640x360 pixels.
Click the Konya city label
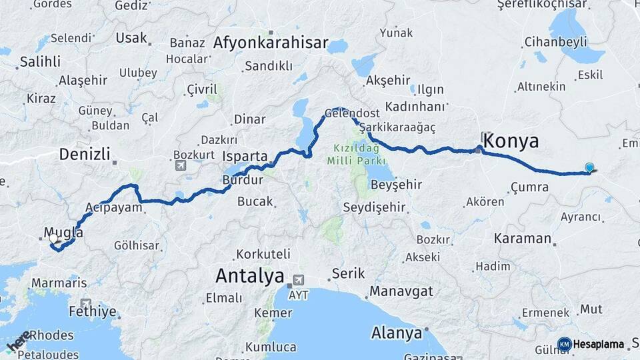click(x=511, y=141)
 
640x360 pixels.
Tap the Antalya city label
click(x=250, y=275)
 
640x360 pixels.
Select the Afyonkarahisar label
click(x=271, y=44)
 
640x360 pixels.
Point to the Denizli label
click(x=84, y=155)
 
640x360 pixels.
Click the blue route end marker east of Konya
click(x=589, y=168)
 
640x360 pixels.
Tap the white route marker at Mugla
click(x=53, y=238)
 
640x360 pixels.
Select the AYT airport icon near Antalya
click(x=298, y=279)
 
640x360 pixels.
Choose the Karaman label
click(x=523, y=238)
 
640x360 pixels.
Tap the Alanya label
click(x=397, y=332)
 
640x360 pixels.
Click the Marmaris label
click(x=59, y=283)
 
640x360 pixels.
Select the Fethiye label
click(x=92, y=311)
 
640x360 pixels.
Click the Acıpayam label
click(x=114, y=207)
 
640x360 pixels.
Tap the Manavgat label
click(x=401, y=291)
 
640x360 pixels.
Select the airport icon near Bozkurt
click(x=180, y=165)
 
